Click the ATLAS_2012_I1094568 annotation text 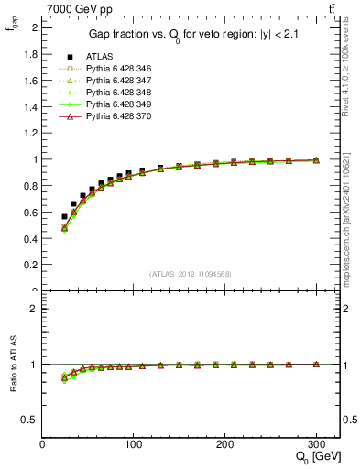pyautogui.click(x=191, y=274)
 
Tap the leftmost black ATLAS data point pyautogui.click(x=64, y=217)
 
